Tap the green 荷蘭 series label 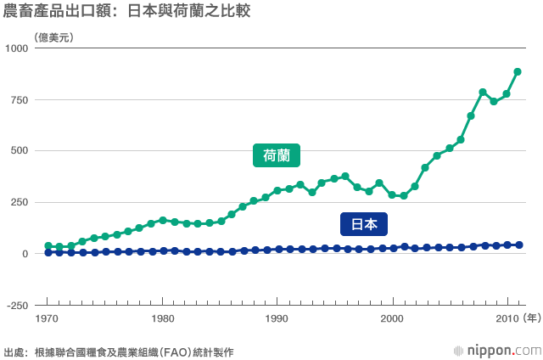click(277, 155)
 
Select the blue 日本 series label click(364, 224)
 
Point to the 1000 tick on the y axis click(19, 49)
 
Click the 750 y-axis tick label click(21, 100)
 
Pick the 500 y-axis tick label click(21, 151)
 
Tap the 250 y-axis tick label click(21, 202)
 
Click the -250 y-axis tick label click(19, 305)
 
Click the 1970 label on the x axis click(48, 319)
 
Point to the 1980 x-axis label click(162, 319)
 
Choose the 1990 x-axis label click(277, 319)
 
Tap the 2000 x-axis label click(391, 319)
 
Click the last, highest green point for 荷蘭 click(518, 72)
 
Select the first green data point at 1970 click(48, 245)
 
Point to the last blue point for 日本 click(518, 245)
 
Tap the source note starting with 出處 click(119, 351)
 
